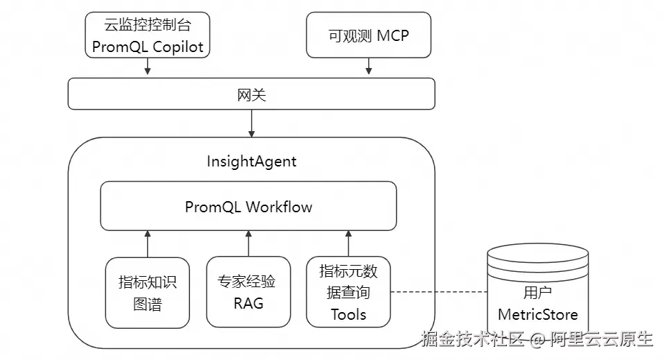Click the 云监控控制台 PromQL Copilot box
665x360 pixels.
point(147,37)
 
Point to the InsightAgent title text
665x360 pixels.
point(251,162)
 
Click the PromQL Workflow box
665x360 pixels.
point(248,206)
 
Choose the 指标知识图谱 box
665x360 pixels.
point(147,293)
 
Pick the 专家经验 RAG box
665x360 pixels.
point(248,292)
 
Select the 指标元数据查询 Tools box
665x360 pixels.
point(348,292)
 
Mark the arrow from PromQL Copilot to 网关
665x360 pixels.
point(147,67)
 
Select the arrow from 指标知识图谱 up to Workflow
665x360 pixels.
point(147,243)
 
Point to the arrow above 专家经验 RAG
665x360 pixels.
point(248,243)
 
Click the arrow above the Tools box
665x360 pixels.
point(348,243)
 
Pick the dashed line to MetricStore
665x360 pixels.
point(438,292)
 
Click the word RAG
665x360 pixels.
point(248,303)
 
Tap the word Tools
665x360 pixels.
point(348,314)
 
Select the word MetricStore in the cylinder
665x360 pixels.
point(538,315)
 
